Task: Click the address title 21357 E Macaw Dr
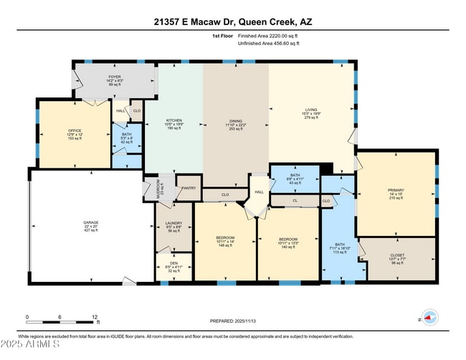pyautogui.click(x=232, y=22)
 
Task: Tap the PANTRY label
pyautogui.click(x=189, y=189)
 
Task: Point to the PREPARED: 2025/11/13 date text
pyautogui.click(x=232, y=322)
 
